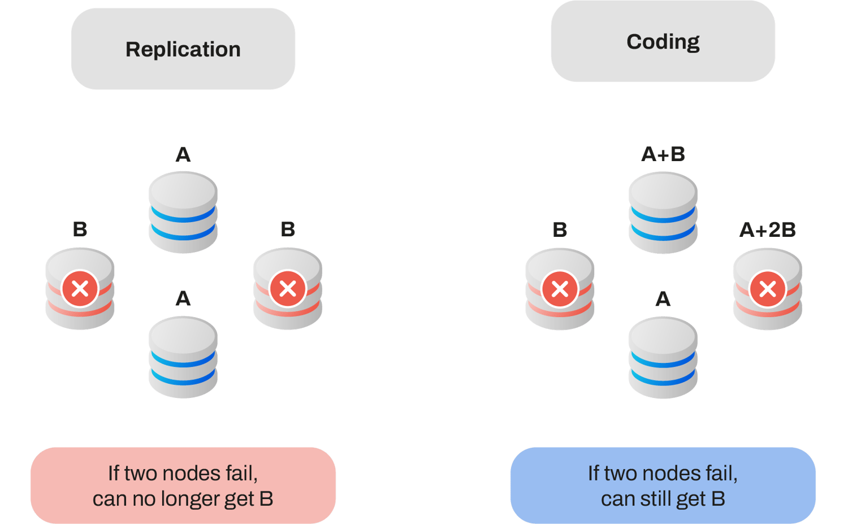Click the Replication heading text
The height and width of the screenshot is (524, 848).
(183, 50)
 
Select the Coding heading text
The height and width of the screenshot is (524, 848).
(663, 42)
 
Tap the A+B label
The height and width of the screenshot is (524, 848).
(663, 154)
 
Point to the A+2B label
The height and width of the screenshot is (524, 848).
(767, 230)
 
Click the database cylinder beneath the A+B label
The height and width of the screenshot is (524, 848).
(663, 213)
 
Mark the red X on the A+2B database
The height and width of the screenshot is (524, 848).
(767, 289)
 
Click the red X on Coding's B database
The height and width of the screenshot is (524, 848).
(560, 289)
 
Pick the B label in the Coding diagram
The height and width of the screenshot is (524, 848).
(560, 230)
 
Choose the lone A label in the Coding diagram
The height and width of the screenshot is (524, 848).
(663, 298)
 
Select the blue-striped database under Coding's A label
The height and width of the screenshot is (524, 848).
(663, 357)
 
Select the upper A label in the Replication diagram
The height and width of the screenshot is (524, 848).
(183, 154)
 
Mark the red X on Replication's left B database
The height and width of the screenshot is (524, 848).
(80, 289)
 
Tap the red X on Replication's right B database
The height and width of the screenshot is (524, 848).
(288, 289)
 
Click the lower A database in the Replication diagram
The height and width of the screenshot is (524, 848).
(183, 357)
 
